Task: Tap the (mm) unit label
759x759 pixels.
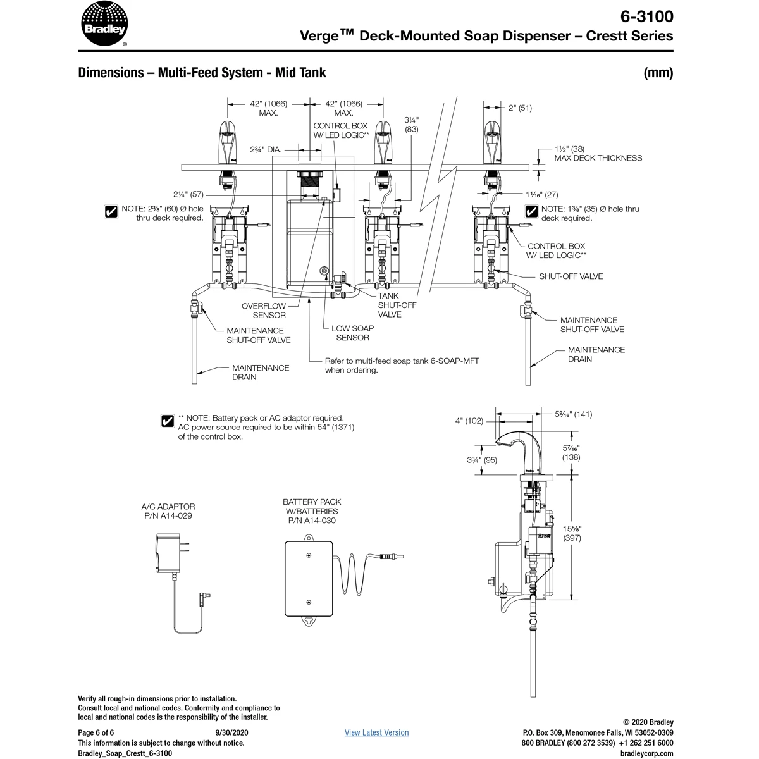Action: (x=658, y=73)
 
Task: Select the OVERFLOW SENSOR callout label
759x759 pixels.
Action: (x=264, y=311)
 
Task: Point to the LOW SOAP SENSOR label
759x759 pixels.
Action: (x=352, y=333)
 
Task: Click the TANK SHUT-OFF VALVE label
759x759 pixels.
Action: (x=397, y=305)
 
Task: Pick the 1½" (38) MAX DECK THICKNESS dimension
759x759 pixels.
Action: (x=598, y=154)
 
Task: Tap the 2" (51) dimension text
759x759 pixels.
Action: (x=520, y=108)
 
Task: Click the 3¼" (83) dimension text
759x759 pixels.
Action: (x=412, y=124)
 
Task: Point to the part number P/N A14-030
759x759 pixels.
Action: (x=311, y=521)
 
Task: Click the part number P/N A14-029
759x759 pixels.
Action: (x=168, y=515)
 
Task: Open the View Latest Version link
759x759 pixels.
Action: (x=376, y=732)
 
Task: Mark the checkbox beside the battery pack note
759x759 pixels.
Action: (x=168, y=421)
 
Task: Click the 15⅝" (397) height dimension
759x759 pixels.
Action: (x=571, y=533)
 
